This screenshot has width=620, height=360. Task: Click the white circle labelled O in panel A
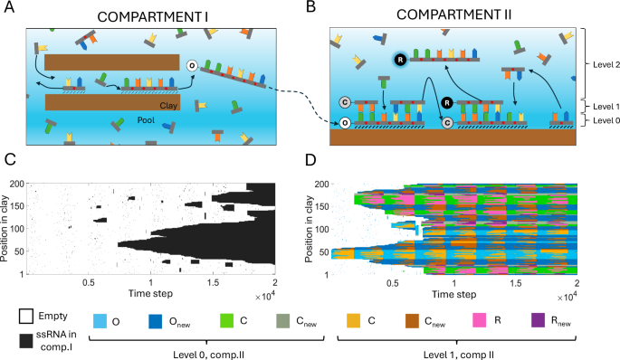pos(191,65)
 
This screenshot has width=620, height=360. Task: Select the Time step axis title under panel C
pos(150,294)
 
